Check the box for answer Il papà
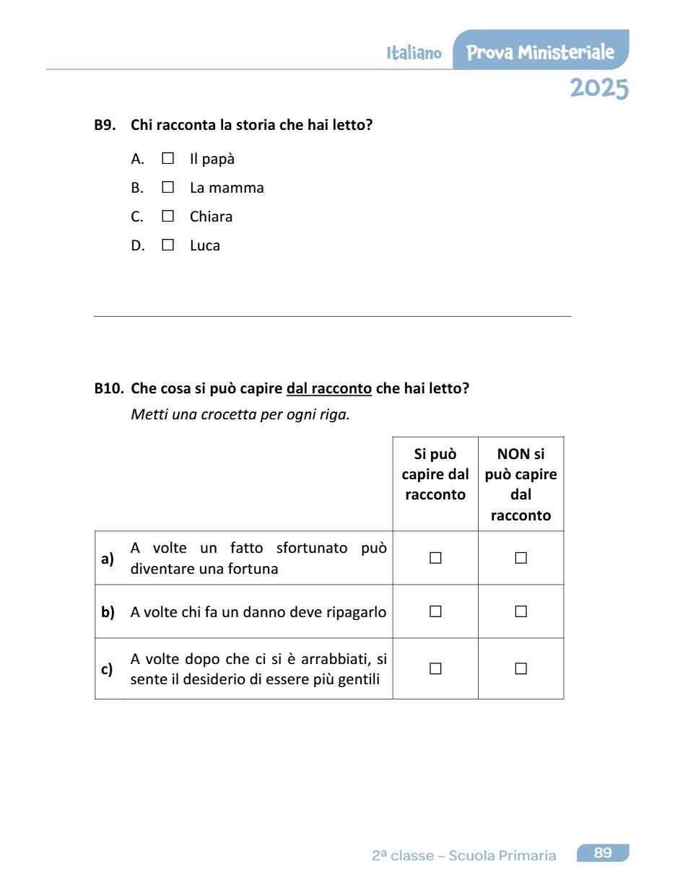(168, 158)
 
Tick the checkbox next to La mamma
(168, 187)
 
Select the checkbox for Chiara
(168, 216)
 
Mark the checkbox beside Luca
(168, 245)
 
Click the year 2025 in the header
(598, 88)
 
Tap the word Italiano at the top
(414, 53)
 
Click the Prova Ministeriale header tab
(540, 52)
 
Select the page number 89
(603, 853)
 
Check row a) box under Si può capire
(435, 558)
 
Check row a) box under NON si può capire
(521, 558)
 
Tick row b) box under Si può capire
(435, 611)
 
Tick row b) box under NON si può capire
(521, 611)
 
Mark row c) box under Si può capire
(435, 668)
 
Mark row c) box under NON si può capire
(521, 668)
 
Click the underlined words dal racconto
(329, 388)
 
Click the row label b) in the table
(108, 612)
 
